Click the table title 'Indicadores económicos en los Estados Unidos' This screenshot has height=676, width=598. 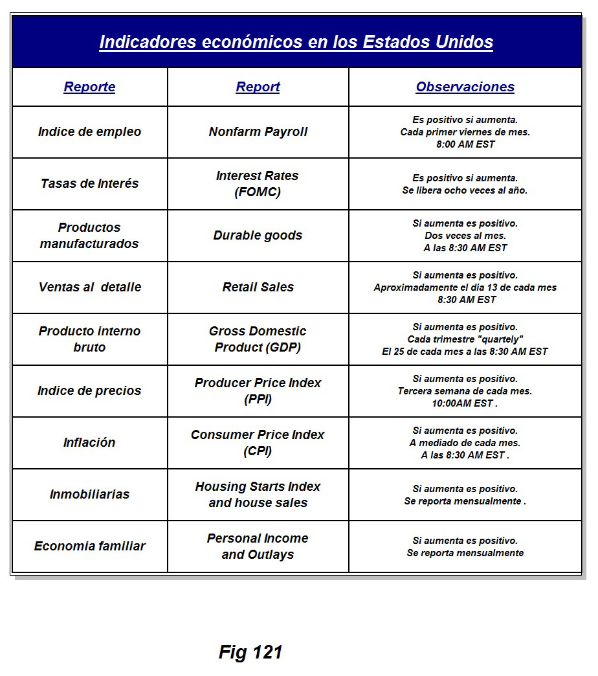296,42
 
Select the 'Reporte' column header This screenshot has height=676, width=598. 89,87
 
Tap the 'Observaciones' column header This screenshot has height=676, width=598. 465,87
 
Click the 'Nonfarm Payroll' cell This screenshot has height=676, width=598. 258,131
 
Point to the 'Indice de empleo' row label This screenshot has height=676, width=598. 89,131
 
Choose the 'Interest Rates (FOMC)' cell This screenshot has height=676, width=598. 258,184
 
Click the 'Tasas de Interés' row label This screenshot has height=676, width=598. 89,183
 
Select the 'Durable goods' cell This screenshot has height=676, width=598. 258,235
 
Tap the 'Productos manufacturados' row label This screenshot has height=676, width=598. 89,236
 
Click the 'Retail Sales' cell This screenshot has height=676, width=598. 258,287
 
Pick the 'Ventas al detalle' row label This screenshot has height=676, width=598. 89,287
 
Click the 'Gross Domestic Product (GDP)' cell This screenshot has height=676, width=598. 258,339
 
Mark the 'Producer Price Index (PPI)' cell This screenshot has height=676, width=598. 258,391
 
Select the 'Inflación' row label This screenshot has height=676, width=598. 89,442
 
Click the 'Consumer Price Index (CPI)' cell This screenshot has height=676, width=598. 258,443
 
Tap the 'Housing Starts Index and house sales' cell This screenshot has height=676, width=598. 258,495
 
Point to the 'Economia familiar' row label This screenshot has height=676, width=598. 89,546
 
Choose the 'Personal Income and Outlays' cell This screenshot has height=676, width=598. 258,546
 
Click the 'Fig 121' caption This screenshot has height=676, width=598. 250,651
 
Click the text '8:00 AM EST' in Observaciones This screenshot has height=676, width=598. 465,144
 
